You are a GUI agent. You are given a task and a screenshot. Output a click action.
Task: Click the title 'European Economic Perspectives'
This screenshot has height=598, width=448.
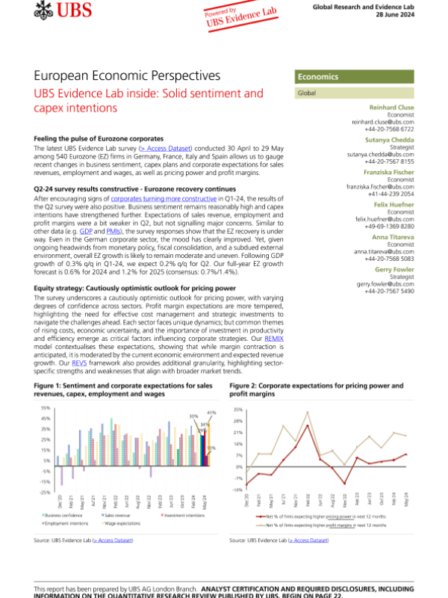point(127,76)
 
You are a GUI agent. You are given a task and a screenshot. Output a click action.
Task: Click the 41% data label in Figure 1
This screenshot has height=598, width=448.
point(211,413)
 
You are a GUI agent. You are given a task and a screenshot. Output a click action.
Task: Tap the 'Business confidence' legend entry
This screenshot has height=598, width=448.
point(61,516)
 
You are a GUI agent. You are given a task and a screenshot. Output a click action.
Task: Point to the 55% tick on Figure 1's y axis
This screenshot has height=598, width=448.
point(46,407)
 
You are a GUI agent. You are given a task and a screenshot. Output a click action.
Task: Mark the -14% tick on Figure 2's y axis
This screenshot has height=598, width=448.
point(237,490)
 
